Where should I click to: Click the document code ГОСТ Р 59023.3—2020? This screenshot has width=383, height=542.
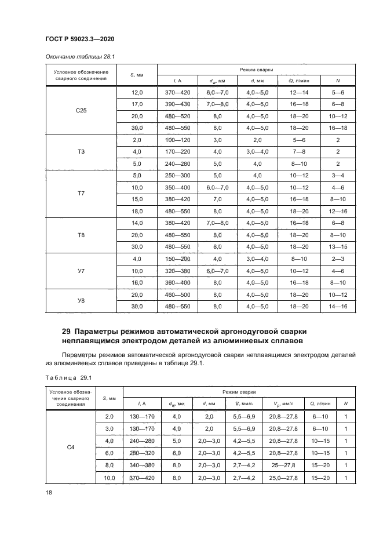[79, 38]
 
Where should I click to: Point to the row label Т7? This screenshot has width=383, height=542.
[81, 193]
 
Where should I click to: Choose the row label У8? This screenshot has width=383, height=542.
[81, 300]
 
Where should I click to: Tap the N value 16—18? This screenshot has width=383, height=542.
[338, 128]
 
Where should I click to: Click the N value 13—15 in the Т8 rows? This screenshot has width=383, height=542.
[338, 247]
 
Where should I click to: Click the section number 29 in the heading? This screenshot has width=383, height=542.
[66, 331]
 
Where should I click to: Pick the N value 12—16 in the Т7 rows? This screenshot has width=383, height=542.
[338, 212]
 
